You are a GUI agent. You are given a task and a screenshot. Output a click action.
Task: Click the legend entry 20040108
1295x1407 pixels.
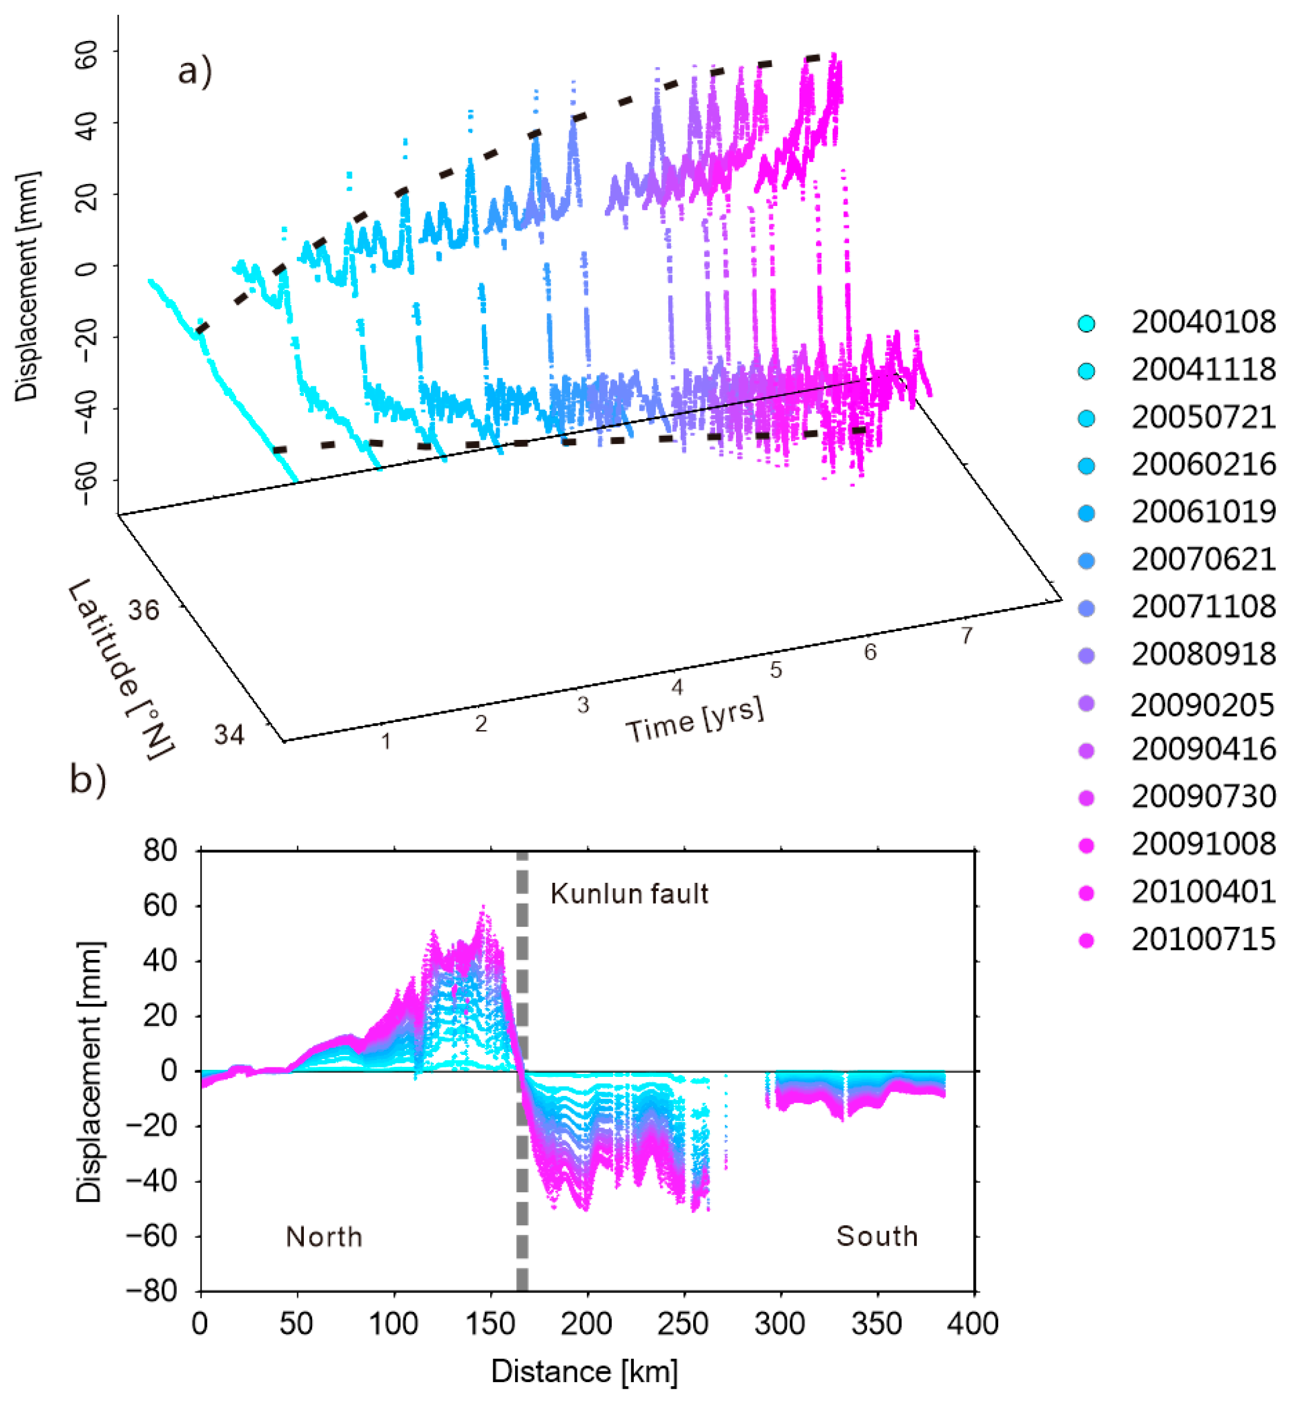(x=1202, y=323)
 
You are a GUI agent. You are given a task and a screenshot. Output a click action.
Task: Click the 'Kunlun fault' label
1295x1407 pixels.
(x=629, y=895)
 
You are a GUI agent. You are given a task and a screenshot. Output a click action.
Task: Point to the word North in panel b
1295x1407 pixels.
(x=324, y=1237)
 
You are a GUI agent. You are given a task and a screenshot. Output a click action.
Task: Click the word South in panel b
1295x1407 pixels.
(x=876, y=1237)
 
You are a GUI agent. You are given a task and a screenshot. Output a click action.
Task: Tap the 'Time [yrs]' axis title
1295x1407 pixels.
(x=694, y=721)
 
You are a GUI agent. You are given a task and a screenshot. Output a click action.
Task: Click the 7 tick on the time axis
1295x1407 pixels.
(x=967, y=635)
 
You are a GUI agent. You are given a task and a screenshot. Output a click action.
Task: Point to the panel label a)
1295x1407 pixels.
(x=195, y=71)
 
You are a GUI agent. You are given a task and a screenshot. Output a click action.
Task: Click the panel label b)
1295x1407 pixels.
(x=88, y=779)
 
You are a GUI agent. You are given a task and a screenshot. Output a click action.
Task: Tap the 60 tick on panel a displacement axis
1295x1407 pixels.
(x=86, y=54)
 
